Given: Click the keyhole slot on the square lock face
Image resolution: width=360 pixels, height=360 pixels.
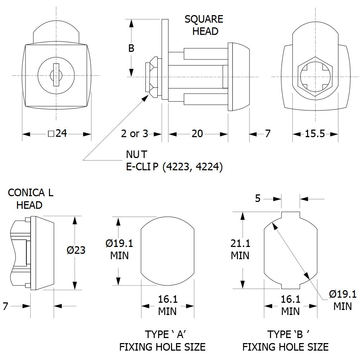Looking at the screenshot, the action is [x=56, y=75].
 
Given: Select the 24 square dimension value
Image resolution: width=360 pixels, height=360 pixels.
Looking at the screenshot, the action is [x=57, y=134].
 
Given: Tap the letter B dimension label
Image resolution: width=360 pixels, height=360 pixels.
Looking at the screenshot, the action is [x=131, y=48].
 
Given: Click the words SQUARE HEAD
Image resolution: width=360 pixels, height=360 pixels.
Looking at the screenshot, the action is [x=204, y=25].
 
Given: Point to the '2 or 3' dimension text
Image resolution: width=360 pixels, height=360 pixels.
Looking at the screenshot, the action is [x=135, y=134].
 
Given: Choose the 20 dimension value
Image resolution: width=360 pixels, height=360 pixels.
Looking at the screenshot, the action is [x=197, y=134].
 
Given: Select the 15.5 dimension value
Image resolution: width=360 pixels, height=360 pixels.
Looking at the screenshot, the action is [x=315, y=134].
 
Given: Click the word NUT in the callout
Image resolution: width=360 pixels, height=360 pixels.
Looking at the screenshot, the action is [x=136, y=154].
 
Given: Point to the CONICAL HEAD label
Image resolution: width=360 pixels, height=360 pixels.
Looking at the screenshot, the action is [x=31, y=199].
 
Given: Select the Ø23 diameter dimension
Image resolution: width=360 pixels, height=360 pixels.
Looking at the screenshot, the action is [x=76, y=250].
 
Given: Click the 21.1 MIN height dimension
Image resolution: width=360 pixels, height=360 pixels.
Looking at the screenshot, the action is [x=240, y=249].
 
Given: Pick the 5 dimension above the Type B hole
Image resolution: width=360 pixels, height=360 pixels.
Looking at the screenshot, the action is [x=258, y=198].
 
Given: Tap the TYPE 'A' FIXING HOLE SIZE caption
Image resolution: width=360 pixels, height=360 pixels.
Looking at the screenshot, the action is [x=162, y=341].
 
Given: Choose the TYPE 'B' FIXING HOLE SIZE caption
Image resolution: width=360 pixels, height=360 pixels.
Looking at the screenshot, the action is [x=285, y=341].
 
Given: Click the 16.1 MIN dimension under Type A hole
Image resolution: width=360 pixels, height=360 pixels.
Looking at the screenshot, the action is [x=168, y=305].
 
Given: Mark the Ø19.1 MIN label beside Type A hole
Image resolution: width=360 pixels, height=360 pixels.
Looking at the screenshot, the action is [x=120, y=249].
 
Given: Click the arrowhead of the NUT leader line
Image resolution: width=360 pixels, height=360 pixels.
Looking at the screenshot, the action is [x=145, y=98].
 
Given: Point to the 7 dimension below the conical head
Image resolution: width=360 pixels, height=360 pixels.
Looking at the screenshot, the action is [x=5, y=306].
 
